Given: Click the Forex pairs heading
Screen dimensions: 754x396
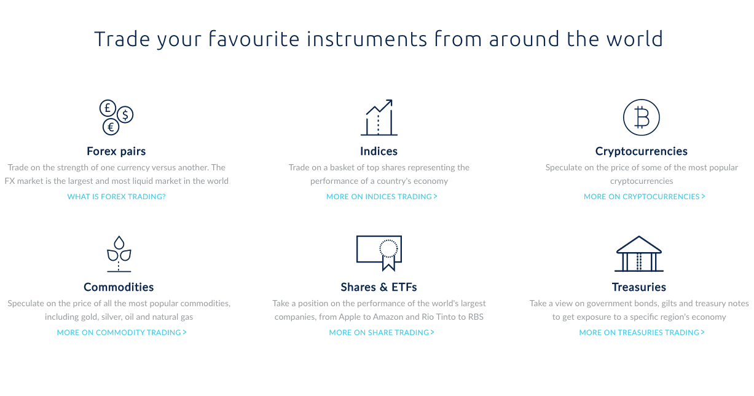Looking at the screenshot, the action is pyautogui.click(x=116, y=151).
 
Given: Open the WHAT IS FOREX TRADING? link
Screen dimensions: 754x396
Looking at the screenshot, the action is pyautogui.click(x=117, y=197).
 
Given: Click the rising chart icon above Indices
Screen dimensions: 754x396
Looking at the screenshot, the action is pyautogui.click(x=379, y=118).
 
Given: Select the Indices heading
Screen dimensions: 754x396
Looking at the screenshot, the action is pyautogui.click(x=379, y=151).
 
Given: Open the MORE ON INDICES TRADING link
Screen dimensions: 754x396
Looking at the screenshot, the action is pyautogui.click(x=382, y=197).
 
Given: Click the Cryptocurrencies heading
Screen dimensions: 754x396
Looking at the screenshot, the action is pyautogui.click(x=641, y=151).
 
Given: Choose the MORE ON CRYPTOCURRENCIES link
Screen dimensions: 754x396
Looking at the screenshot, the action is pyautogui.click(x=644, y=197).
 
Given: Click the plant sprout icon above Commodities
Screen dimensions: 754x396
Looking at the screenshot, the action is pyautogui.click(x=119, y=254).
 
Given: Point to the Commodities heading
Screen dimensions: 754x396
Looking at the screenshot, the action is pyautogui.click(x=119, y=287).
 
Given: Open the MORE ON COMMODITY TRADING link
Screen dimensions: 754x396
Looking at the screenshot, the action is pyautogui.click(x=122, y=332).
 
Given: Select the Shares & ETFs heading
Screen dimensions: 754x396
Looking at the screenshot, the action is pyautogui.click(x=379, y=287).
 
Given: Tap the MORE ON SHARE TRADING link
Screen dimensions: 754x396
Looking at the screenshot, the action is pyautogui.click(x=382, y=332).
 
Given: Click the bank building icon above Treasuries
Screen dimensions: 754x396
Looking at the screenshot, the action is pyautogui.click(x=639, y=254).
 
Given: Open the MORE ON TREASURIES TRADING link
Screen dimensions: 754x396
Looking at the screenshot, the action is pyautogui.click(x=642, y=332).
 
